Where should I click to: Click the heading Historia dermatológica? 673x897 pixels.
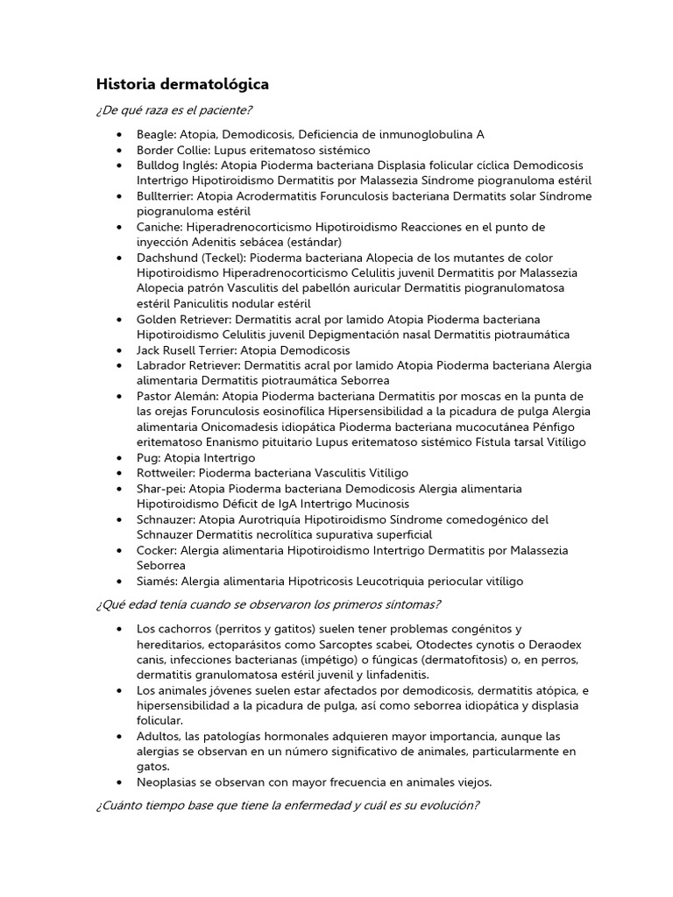tap(182, 85)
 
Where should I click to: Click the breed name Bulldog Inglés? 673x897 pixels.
tap(176, 165)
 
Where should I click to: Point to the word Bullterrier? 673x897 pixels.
tap(164, 195)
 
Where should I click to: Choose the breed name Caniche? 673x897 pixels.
tap(159, 227)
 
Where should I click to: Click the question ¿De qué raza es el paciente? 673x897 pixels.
tap(174, 110)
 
